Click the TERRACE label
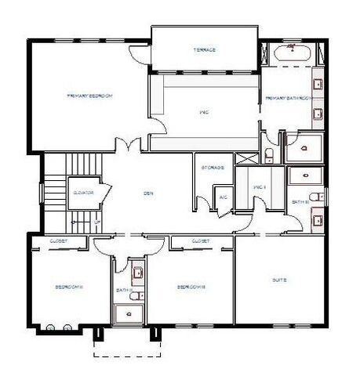(x=205, y=50)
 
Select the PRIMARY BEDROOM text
(x=90, y=96)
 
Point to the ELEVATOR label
(x=84, y=192)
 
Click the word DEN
(x=147, y=193)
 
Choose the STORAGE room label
(x=213, y=168)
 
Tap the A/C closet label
(x=223, y=197)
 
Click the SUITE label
(x=279, y=280)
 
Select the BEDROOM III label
(x=191, y=287)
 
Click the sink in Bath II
(x=138, y=273)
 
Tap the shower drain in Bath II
(x=129, y=312)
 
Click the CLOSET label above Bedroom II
(x=59, y=241)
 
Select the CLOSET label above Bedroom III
(x=201, y=241)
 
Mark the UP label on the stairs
(x=97, y=222)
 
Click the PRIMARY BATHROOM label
(x=289, y=98)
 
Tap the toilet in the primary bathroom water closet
(x=268, y=153)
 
